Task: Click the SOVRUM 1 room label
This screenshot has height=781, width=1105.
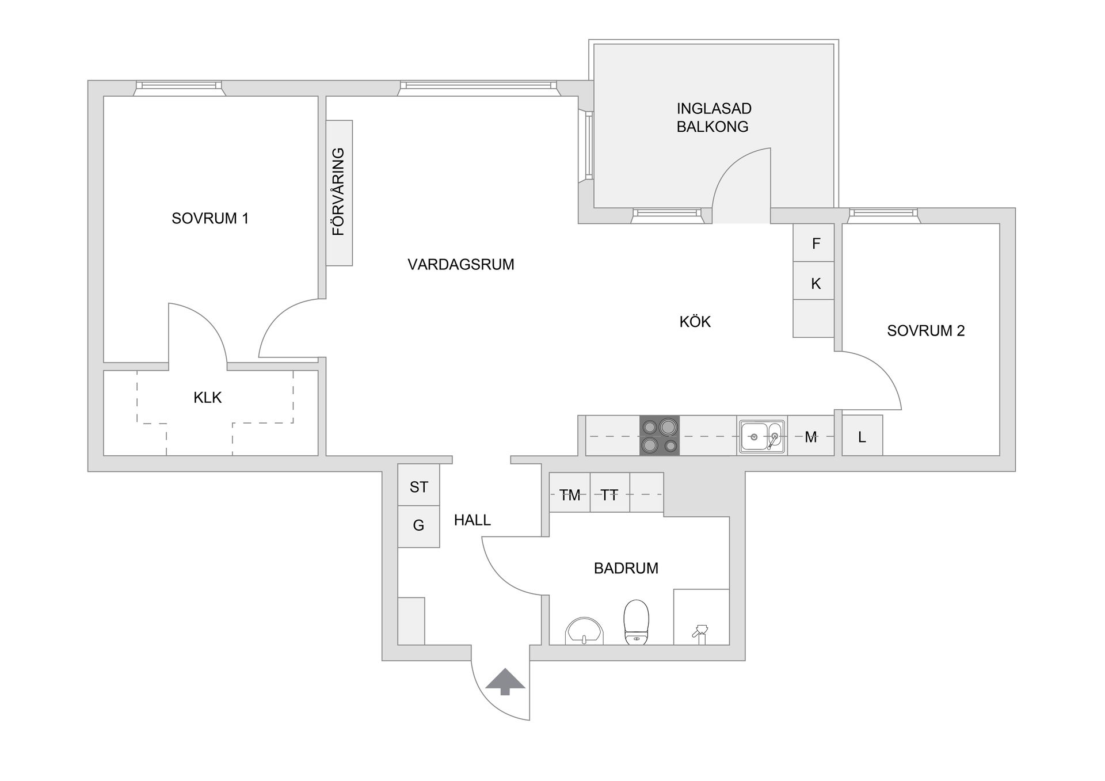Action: point(210,219)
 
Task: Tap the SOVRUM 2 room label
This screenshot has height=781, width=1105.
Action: point(925,331)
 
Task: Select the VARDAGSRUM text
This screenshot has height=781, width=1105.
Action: point(460,265)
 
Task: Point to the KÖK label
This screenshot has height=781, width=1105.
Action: point(695,322)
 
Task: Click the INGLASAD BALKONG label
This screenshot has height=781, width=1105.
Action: point(713,117)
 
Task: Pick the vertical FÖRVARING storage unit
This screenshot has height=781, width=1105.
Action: point(339,193)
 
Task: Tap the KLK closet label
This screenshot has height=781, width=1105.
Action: point(207,398)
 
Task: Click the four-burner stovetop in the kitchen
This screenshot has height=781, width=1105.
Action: point(660,436)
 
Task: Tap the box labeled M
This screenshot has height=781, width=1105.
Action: point(810,437)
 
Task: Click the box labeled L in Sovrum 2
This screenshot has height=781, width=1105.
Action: point(862,436)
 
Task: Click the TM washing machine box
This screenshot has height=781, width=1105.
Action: point(570,494)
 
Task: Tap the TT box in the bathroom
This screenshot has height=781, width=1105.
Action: point(609,494)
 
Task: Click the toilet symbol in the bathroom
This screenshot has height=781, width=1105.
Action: point(636,622)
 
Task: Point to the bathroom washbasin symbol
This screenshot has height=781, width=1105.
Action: point(584,632)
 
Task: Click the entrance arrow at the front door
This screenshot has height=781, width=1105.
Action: point(505,681)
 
